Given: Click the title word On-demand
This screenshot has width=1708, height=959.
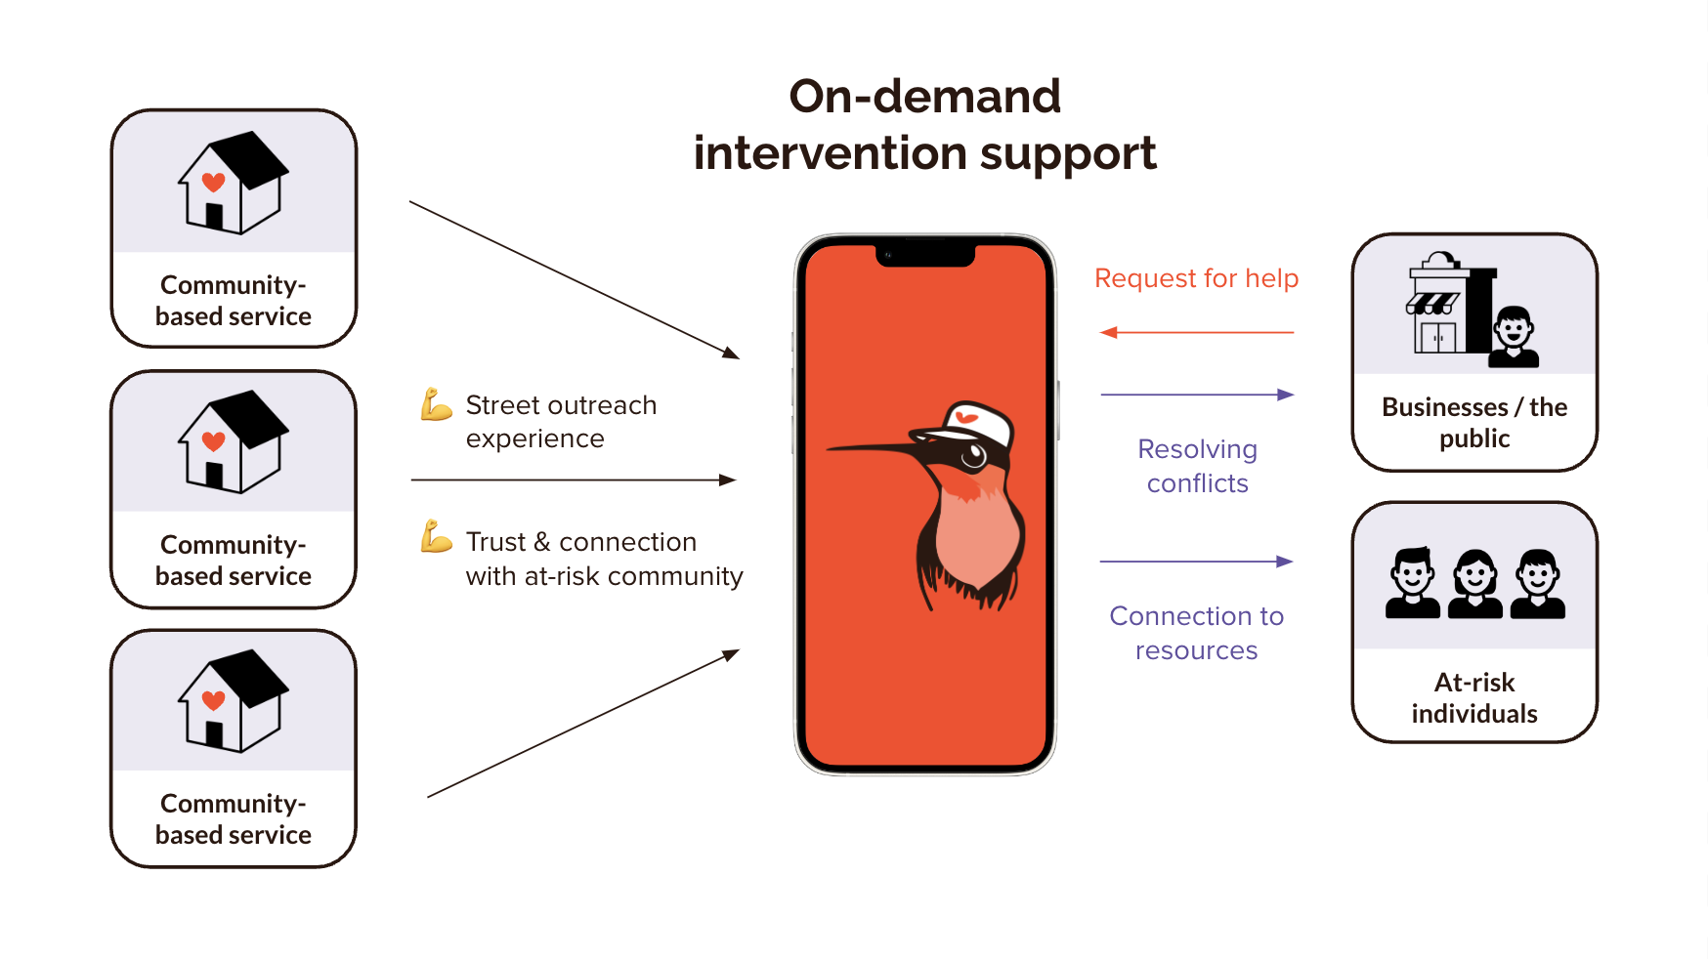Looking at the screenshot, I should point(924,97).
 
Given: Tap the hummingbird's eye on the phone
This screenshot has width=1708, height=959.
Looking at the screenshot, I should point(973,455).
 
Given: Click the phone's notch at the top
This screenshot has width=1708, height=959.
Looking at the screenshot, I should point(924,256).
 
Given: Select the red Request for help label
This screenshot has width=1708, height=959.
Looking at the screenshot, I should point(1196,278).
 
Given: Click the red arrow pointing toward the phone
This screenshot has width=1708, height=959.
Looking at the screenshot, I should point(1196,333).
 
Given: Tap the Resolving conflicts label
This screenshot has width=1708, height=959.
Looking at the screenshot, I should point(1197,466).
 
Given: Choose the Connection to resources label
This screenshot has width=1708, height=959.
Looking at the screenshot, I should point(1196,633).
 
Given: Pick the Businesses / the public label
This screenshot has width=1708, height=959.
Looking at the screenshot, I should point(1473,422).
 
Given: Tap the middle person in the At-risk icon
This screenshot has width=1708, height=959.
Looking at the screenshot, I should point(1474,584).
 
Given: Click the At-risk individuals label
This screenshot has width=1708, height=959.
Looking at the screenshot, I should point(1473,697).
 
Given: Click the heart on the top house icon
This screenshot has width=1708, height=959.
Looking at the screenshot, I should point(213,182).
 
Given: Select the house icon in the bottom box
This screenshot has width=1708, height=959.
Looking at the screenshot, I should point(233,700).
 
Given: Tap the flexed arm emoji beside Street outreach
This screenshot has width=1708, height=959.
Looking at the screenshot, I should point(436,404).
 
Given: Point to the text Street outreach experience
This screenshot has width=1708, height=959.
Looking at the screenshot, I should point(560,422).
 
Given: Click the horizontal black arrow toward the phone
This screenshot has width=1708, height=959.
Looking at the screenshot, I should point(573,480).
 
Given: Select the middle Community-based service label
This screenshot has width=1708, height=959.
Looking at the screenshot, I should point(233,560).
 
